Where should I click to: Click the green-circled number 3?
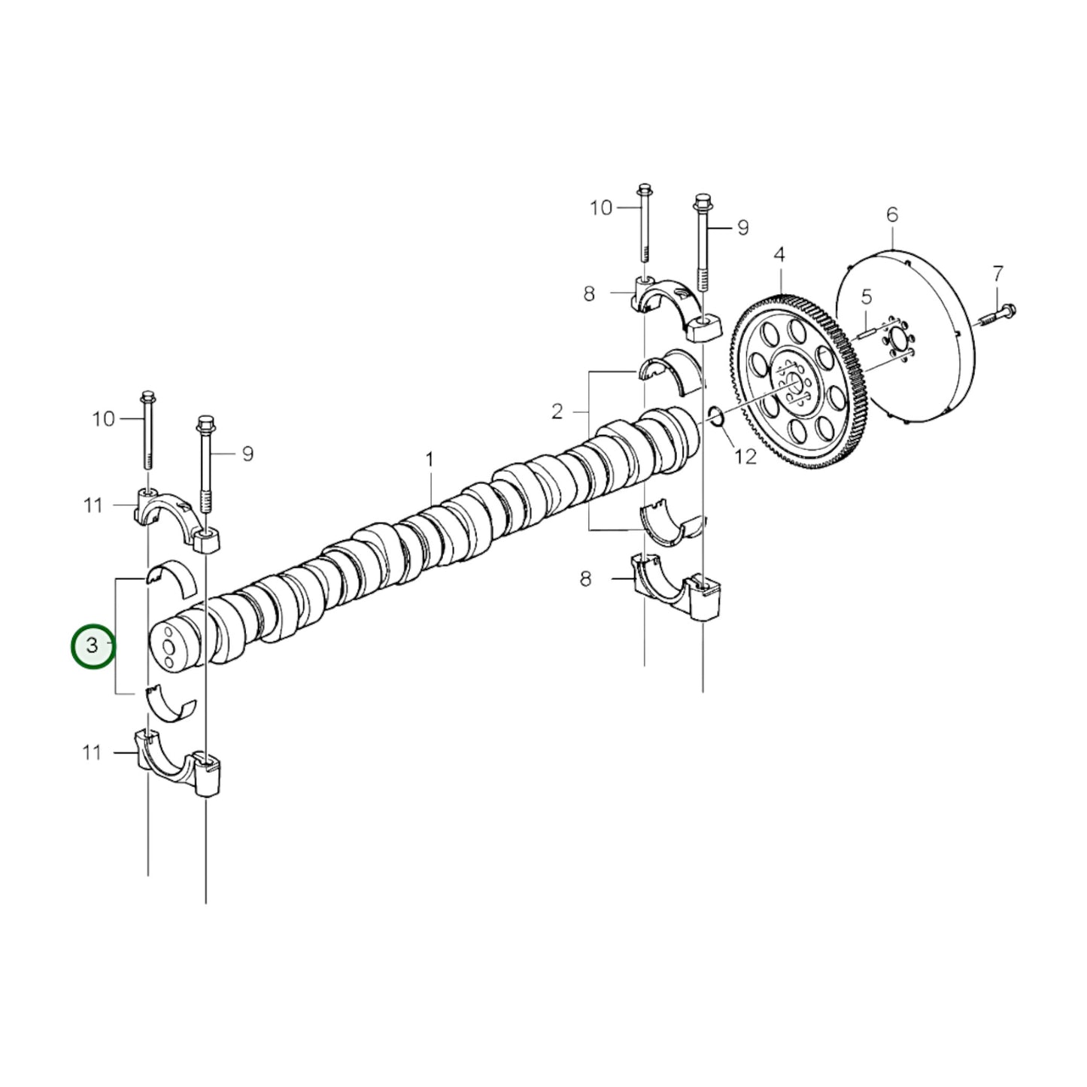93,645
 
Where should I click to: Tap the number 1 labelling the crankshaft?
430,459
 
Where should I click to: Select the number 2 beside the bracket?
557,411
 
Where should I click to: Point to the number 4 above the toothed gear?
779,254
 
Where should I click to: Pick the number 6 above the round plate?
892,215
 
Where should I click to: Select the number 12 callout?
745,456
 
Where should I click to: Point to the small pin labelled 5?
865,329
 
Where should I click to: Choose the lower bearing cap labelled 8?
673,587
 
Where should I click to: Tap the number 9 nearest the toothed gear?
743,227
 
